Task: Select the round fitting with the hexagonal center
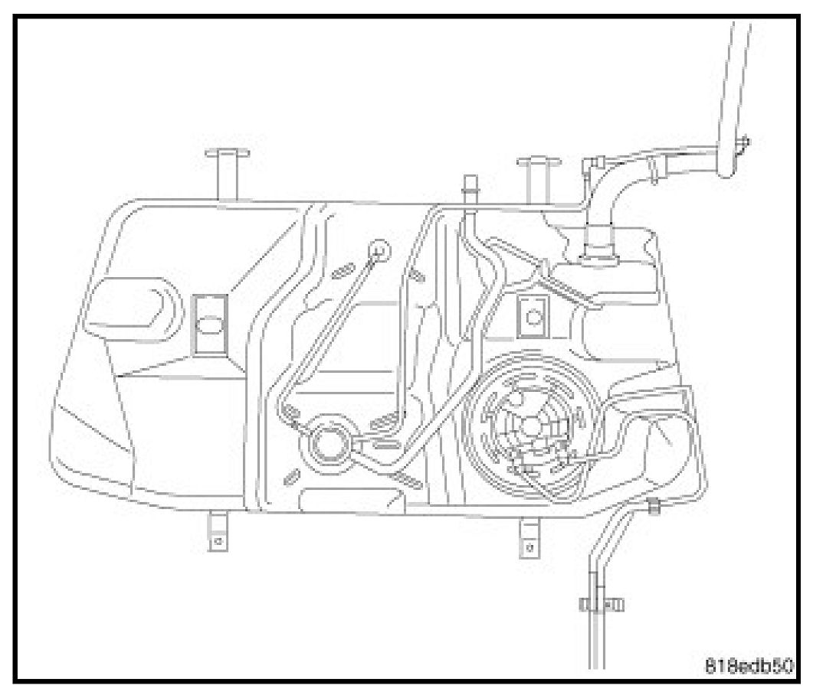pos(329,442)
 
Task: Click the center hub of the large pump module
pos(533,426)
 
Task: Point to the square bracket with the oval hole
pos(208,325)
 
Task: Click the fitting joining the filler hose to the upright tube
pos(736,153)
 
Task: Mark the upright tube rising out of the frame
pos(734,77)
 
